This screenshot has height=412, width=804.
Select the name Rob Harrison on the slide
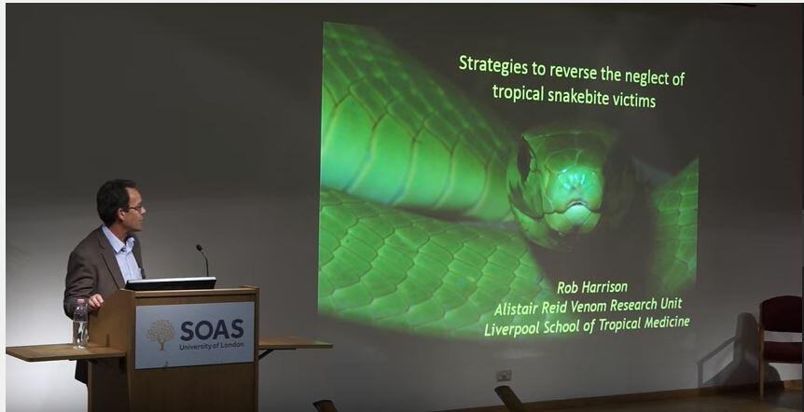(x=591, y=287)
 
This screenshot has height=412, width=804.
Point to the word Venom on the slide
(x=589, y=307)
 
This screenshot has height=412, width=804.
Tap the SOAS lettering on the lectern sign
(x=211, y=331)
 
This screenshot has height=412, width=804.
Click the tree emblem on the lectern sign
(x=160, y=334)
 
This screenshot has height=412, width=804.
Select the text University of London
(x=211, y=346)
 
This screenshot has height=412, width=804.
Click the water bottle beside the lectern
(x=80, y=323)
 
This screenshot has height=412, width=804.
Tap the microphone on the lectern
(x=202, y=260)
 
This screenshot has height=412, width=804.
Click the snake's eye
(x=524, y=160)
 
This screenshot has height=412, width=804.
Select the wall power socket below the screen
(x=503, y=376)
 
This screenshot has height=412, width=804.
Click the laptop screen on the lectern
(x=171, y=283)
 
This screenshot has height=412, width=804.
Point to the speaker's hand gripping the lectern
(x=95, y=301)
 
